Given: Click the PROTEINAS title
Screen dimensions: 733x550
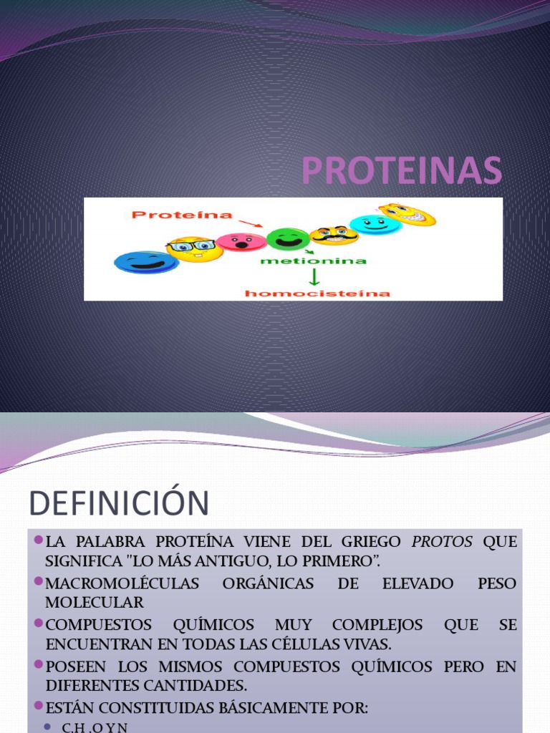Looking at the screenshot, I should [401, 170].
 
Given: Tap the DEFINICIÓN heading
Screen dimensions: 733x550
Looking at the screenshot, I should [119, 503].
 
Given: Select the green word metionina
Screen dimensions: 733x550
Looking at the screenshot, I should [313, 261].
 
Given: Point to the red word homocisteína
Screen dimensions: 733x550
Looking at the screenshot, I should [317, 293].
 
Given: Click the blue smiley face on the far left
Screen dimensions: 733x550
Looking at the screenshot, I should [146, 262].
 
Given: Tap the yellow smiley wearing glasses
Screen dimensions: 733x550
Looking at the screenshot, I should [194, 248].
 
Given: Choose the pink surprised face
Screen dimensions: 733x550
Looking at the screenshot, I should [241, 242].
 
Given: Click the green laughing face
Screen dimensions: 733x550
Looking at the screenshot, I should [288, 238].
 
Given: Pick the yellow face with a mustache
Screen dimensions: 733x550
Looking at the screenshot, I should [334, 235].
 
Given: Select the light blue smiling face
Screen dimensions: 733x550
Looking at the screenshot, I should [375, 224].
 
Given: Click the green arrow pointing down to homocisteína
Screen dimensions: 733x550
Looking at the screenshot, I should [314, 277].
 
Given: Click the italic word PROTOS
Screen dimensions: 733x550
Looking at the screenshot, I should [442, 542].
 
